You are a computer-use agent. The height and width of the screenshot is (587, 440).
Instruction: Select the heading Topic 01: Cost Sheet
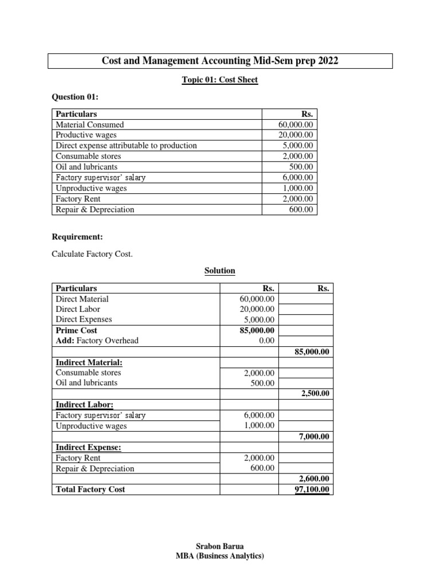(x=219, y=80)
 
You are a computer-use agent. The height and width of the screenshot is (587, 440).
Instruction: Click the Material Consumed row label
(x=89, y=124)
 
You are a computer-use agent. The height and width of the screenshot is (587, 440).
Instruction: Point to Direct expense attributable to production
(x=126, y=146)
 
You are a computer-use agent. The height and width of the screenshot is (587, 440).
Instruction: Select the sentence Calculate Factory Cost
(x=92, y=253)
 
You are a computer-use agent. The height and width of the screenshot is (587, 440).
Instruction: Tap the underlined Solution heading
(x=220, y=271)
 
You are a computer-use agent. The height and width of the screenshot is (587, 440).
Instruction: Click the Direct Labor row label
(x=78, y=309)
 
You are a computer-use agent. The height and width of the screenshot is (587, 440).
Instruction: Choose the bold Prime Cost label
(x=76, y=330)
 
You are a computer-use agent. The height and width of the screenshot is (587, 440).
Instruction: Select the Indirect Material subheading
(x=89, y=362)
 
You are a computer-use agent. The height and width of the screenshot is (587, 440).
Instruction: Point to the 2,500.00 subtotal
(x=315, y=394)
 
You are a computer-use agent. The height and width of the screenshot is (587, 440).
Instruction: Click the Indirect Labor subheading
(x=83, y=405)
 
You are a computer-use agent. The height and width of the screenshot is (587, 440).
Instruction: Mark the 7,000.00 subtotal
(x=315, y=437)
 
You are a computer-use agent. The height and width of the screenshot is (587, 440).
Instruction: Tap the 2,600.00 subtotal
(x=315, y=479)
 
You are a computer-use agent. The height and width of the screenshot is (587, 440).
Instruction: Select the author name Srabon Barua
(x=219, y=547)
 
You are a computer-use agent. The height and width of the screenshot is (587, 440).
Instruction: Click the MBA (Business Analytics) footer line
(x=219, y=556)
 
